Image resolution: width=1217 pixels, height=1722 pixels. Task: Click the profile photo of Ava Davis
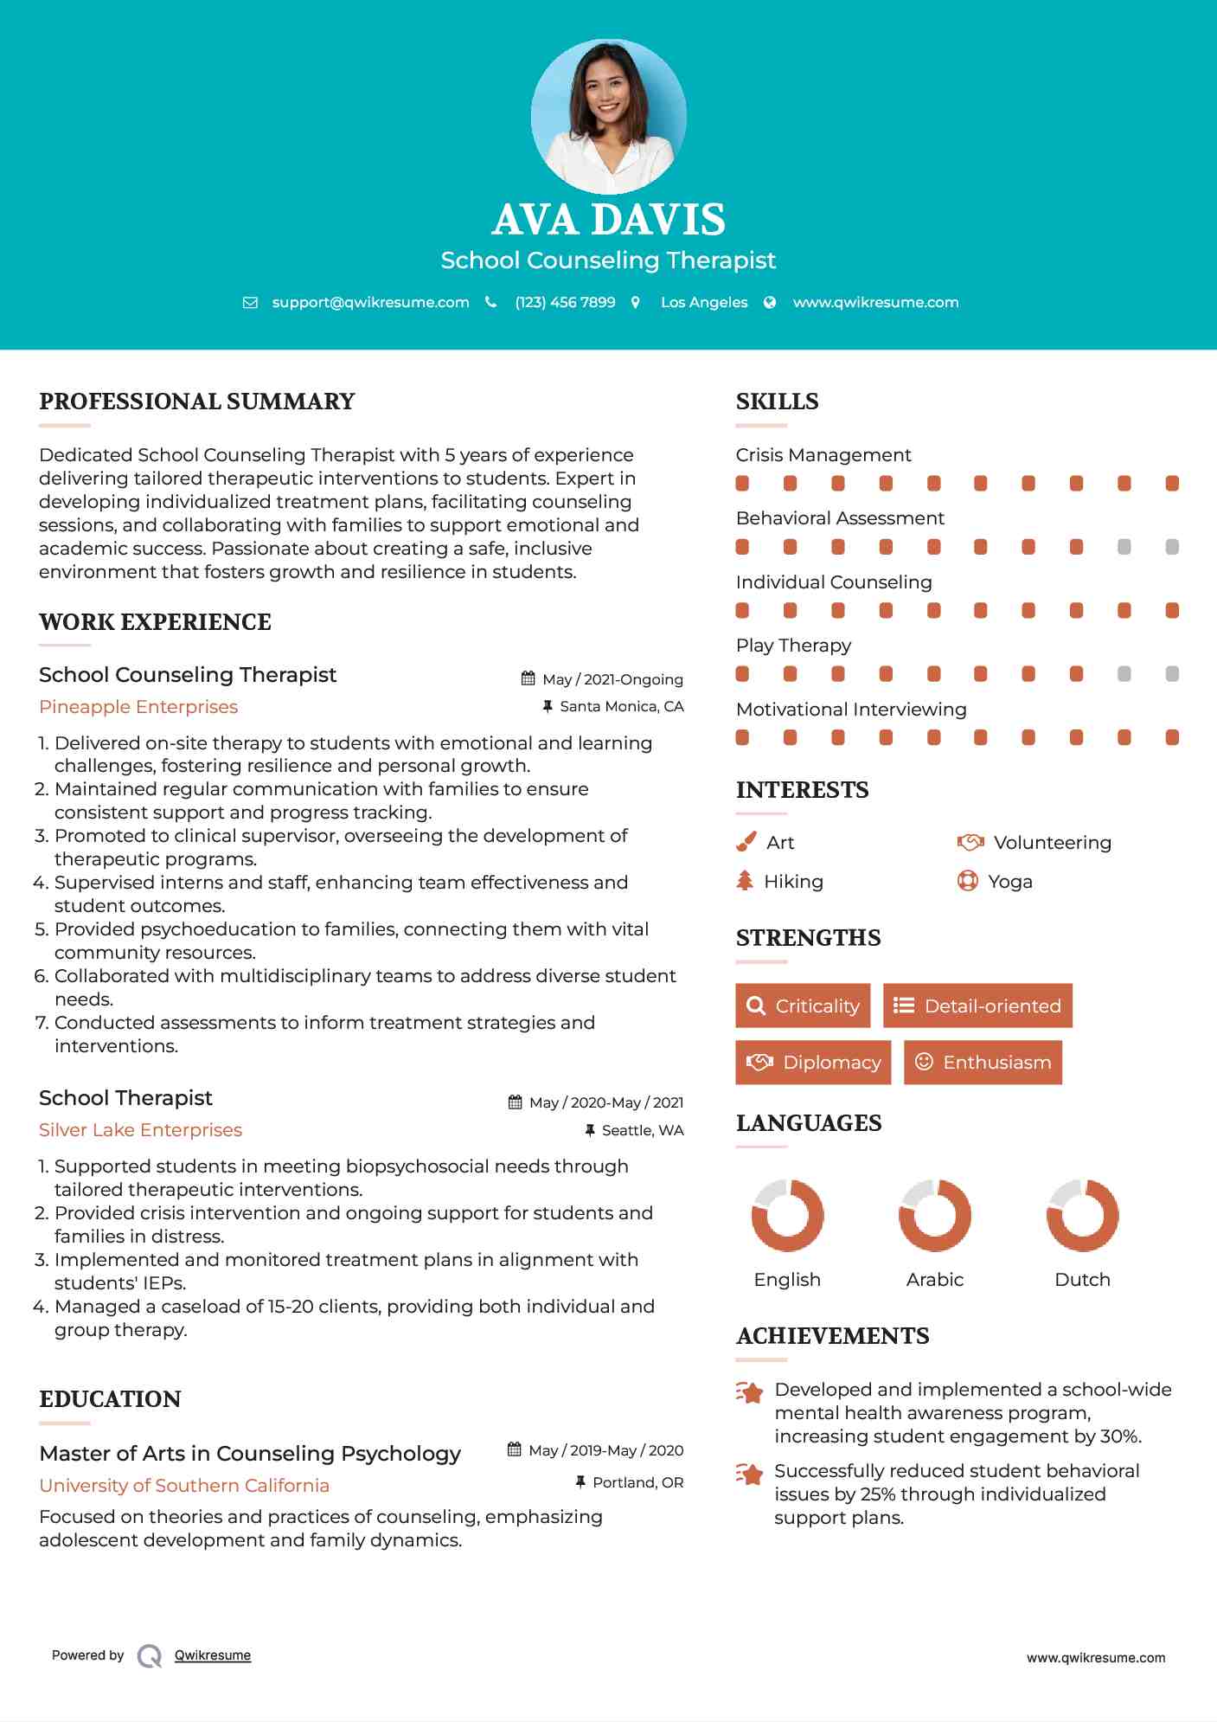608,116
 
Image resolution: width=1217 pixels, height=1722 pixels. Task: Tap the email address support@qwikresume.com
370,302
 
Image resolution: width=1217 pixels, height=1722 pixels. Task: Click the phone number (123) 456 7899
565,302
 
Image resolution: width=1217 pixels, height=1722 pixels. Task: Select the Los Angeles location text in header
703,302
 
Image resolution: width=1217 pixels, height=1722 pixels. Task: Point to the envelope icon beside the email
250,303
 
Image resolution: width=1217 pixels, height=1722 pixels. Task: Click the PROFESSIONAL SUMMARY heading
197,402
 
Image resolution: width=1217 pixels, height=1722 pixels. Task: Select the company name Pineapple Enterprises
138,707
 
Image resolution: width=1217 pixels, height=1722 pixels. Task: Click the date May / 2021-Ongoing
612,679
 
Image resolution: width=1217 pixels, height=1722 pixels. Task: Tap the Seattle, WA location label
642,1130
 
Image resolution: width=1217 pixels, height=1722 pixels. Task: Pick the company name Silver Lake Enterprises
140,1130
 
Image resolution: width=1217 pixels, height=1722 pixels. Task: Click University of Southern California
184,1486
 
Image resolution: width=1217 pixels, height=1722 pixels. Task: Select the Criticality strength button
803,1006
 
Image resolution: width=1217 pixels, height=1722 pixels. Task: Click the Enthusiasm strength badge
983,1062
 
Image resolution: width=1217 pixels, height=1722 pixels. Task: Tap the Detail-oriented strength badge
977,1006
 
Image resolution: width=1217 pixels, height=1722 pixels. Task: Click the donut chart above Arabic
934,1215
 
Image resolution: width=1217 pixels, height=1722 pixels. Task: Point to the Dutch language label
1082,1280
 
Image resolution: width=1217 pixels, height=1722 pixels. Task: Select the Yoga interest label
1009,882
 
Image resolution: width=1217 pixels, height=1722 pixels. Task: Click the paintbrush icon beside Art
746,842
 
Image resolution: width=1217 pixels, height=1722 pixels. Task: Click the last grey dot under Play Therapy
1172,674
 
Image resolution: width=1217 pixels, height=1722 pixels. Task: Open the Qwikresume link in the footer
212,1655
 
